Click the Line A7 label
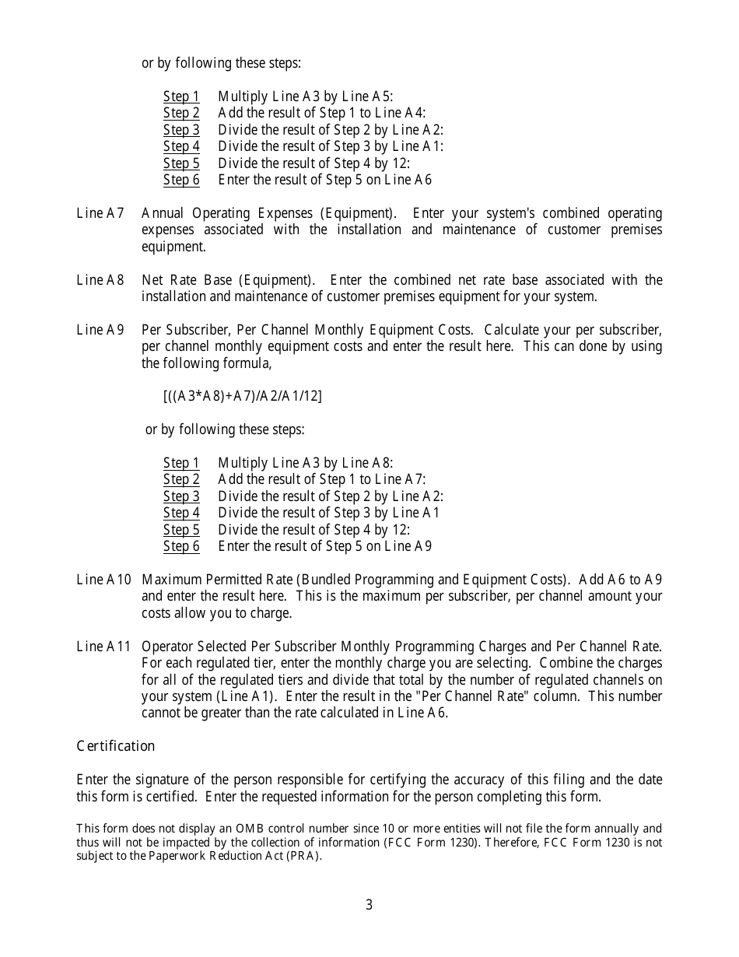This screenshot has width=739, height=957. point(100,213)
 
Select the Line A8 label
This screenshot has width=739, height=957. point(100,280)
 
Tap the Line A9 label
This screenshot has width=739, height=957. point(100,330)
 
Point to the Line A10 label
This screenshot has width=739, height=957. point(103,580)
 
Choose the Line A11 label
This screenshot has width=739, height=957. point(103,647)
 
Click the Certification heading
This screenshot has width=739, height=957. point(115,746)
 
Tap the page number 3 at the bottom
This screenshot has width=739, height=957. point(369,905)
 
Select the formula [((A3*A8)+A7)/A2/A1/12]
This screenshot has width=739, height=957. point(242,396)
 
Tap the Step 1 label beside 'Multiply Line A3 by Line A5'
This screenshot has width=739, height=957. point(181,96)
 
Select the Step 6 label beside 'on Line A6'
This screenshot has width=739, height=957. point(181,181)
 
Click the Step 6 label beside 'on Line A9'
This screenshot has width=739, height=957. point(181,546)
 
